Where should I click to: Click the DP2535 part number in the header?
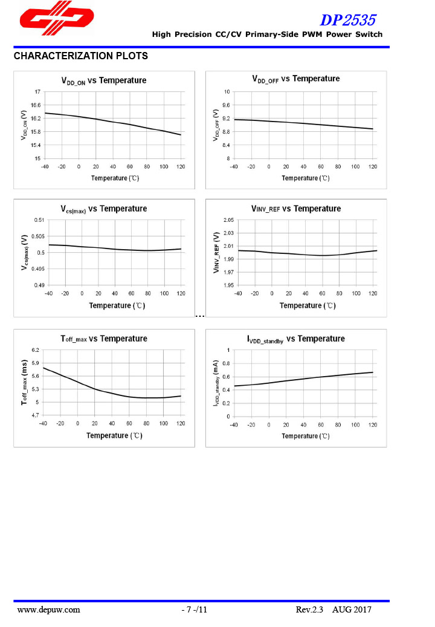coord(351,20)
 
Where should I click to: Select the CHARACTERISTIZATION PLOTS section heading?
coord(80,56)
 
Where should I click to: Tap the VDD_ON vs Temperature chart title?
coord(104,80)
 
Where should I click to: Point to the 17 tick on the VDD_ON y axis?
coord(37,92)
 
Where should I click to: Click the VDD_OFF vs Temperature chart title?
coord(295,79)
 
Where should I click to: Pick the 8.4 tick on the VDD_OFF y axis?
coord(227,145)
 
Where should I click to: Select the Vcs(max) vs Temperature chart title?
coord(103,209)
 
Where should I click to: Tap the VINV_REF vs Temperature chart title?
coord(296,209)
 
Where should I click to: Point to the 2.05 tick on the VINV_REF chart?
coord(229,219)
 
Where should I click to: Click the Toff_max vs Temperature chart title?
coord(103,339)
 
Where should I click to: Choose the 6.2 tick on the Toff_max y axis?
coord(35,350)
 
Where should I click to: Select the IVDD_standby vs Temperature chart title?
coord(296,339)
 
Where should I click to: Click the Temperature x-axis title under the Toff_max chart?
coord(114,435)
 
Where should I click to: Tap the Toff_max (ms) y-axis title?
coord(25,382)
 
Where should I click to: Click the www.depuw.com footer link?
coord(49,609)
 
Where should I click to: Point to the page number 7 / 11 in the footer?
coord(195,609)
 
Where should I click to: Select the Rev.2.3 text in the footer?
coord(310,609)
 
